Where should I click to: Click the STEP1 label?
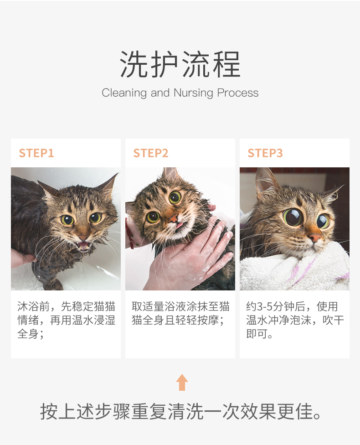point(36,153)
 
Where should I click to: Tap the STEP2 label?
point(151,153)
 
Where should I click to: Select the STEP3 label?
point(265,153)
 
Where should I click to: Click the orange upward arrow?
point(182,382)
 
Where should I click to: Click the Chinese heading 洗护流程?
point(180,64)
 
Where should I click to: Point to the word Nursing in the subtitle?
point(193,93)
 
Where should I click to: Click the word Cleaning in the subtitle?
point(124,93)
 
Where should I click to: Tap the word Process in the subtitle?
point(238,93)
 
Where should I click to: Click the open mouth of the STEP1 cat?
point(84,245)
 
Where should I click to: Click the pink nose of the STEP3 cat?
point(315,238)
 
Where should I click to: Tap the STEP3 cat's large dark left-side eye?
point(292,217)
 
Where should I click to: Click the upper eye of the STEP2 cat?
point(175,197)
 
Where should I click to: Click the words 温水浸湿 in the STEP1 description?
point(93,321)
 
